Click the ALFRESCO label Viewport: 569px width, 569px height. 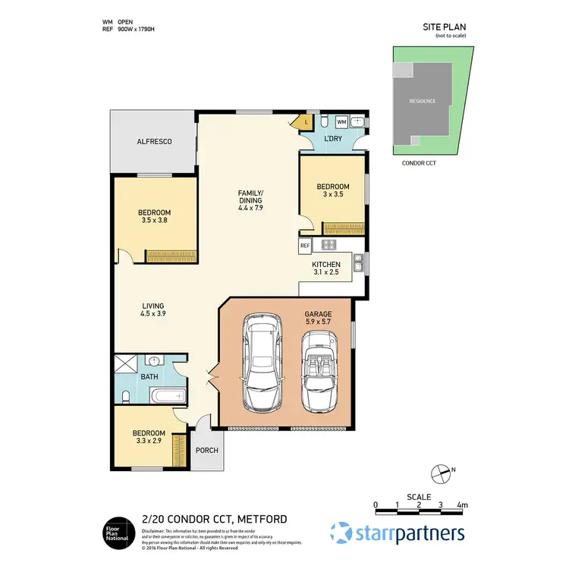coord(154,142)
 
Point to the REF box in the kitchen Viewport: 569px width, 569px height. coord(305,246)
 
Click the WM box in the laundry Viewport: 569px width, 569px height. coord(341,121)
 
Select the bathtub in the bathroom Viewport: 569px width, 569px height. coord(163,395)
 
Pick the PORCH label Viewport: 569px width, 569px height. coord(206,451)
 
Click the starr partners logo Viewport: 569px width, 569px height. coord(398,532)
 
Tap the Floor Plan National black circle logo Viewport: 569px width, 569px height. coord(118,532)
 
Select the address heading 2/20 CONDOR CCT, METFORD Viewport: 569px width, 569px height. coord(214,519)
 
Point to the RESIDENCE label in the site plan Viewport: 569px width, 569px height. coord(423,101)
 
